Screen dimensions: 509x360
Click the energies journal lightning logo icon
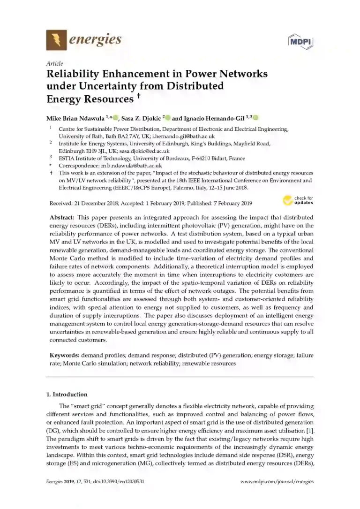tap(56, 40)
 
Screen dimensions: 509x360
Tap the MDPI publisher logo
tap(300, 41)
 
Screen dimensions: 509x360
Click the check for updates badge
tap(298, 201)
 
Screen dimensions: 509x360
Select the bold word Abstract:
tap(62, 218)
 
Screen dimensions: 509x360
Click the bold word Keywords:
tap(65, 356)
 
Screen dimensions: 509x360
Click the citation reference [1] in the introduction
tap(309, 431)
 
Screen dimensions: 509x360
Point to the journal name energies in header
tap(95, 39)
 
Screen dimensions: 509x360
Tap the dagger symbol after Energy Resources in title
tap(138, 97)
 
